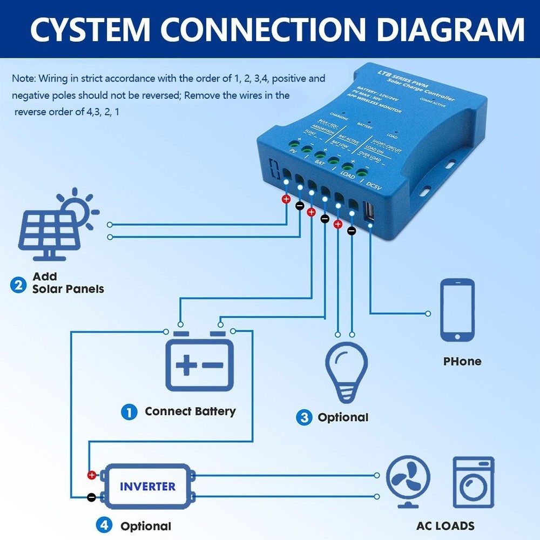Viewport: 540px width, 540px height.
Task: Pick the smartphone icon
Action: [x=457, y=310]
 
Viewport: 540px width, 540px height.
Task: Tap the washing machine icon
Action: [x=473, y=482]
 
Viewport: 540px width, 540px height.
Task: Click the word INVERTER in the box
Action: [x=147, y=486]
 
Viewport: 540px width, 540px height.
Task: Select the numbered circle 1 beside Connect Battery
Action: [x=129, y=413]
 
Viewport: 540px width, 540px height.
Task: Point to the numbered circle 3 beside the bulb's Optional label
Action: [x=304, y=417]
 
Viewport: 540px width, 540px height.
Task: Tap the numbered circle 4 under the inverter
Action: [x=104, y=524]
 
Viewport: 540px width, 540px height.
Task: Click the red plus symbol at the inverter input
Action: [x=92, y=475]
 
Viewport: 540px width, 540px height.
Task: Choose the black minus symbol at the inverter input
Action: [x=92, y=496]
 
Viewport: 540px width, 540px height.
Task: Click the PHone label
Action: [x=462, y=361]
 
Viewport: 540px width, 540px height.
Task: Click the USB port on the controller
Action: [x=370, y=212]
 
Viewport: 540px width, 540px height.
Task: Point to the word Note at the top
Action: [x=23, y=79]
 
